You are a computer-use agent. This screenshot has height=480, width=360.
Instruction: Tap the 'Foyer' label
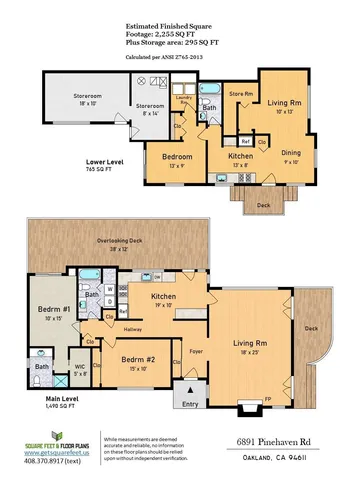[x=196, y=350]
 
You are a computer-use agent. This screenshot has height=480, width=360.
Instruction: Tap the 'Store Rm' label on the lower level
[x=241, y=93]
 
